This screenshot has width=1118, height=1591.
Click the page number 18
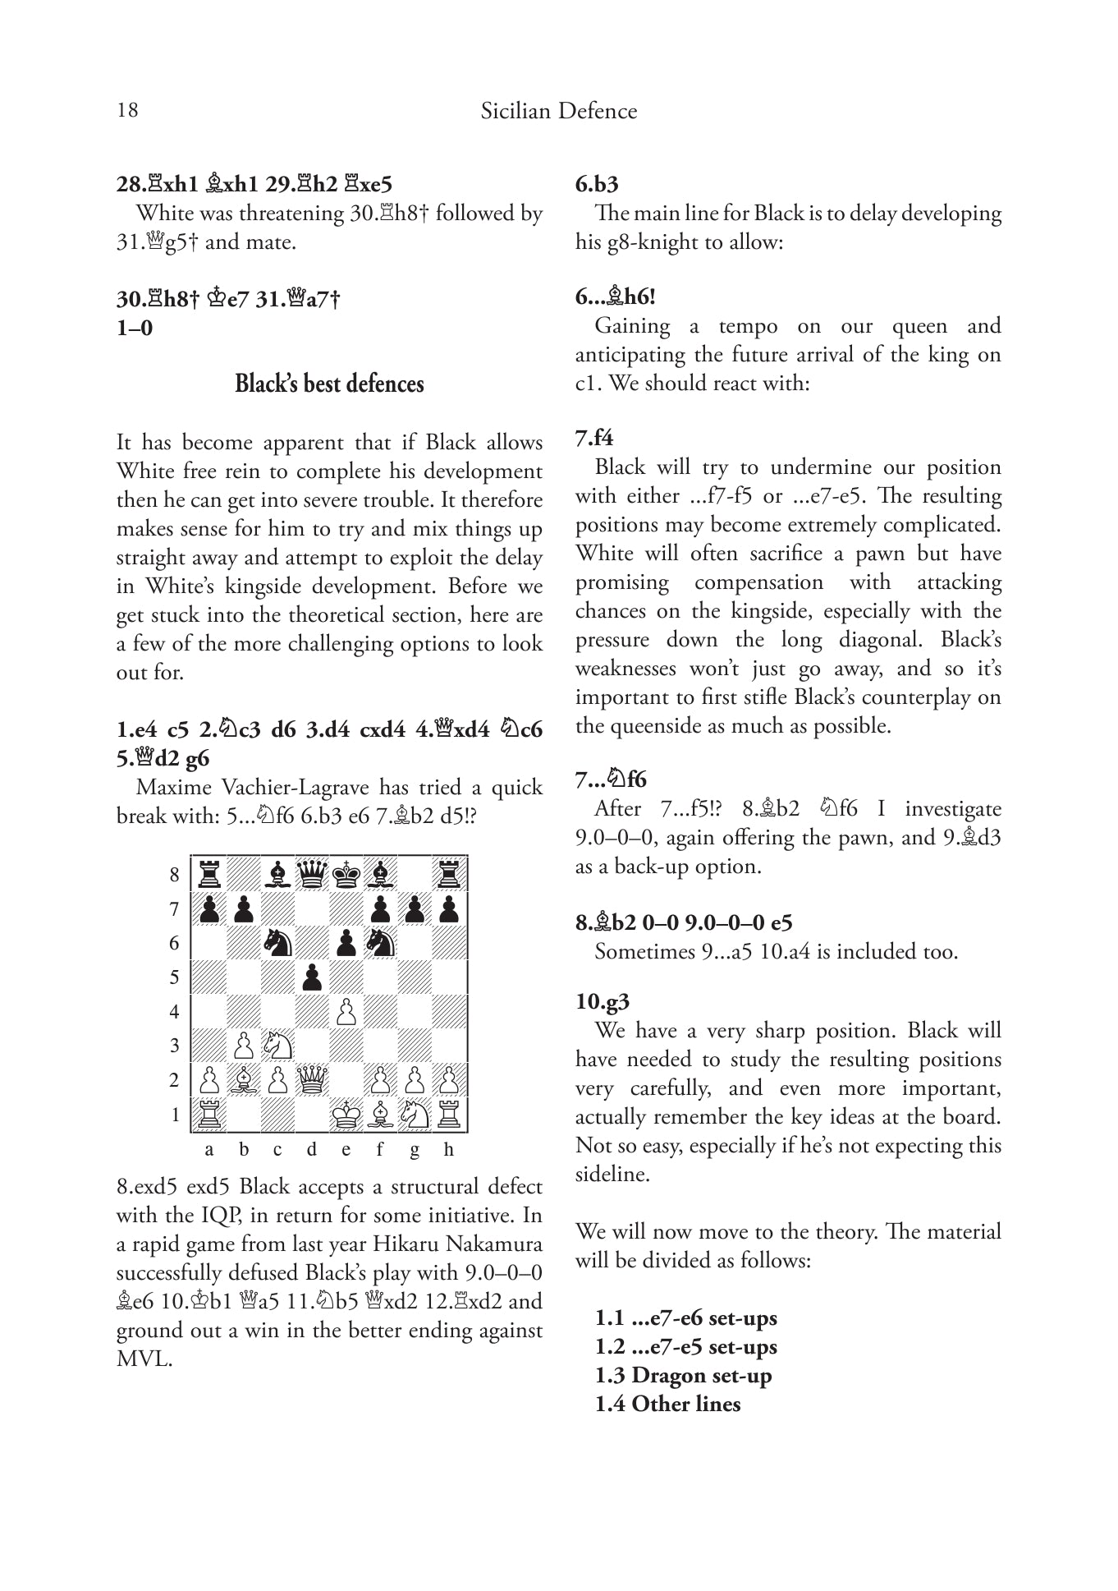[x=127, y=110]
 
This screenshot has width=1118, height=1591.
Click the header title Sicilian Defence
[x=558, y=111]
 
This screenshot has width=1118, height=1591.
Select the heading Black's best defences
[x=329, y=384]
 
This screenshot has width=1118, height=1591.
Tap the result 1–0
[x=135, y=329]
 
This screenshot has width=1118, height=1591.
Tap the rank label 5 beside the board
[x=174, y=977]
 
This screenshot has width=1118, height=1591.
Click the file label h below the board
[x=448, y=1150]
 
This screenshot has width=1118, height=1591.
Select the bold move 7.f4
[x=594, y=437]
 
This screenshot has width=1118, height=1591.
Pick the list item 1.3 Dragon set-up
[x=683, y=1375]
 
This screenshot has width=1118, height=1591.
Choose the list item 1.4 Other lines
[x=667, y=1404]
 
